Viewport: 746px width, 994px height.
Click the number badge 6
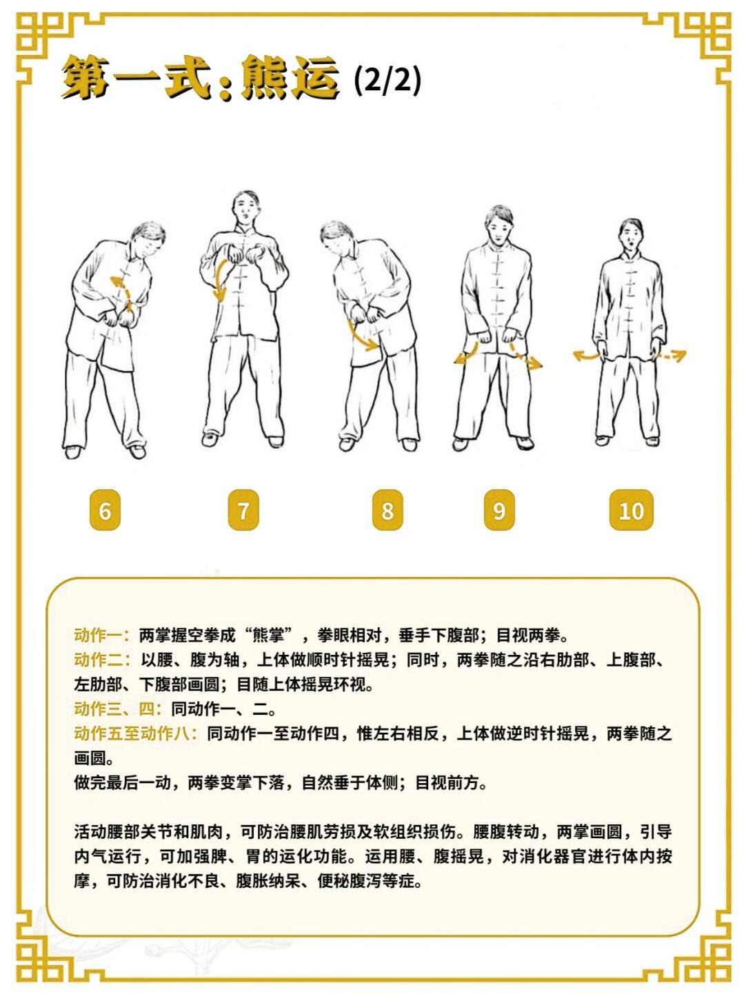click(x=105, y=510)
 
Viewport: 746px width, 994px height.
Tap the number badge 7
click(x=243, y=510)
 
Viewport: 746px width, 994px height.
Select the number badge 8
click(x=387, y=510)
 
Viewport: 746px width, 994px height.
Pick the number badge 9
click(x=499, y=510)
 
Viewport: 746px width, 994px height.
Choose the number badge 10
click(x=632, y=510)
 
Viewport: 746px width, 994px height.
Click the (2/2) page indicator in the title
click(x=387, y=81)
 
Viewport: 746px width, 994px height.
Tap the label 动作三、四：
click(x=119, y=709)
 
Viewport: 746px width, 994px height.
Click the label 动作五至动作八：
click(x=137, y=733)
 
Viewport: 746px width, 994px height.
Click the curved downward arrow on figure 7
click(x=220, y=281)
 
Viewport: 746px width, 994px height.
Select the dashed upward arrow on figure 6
click(x=123, y=292)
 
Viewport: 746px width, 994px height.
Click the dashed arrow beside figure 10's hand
click(x=671, y=356)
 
